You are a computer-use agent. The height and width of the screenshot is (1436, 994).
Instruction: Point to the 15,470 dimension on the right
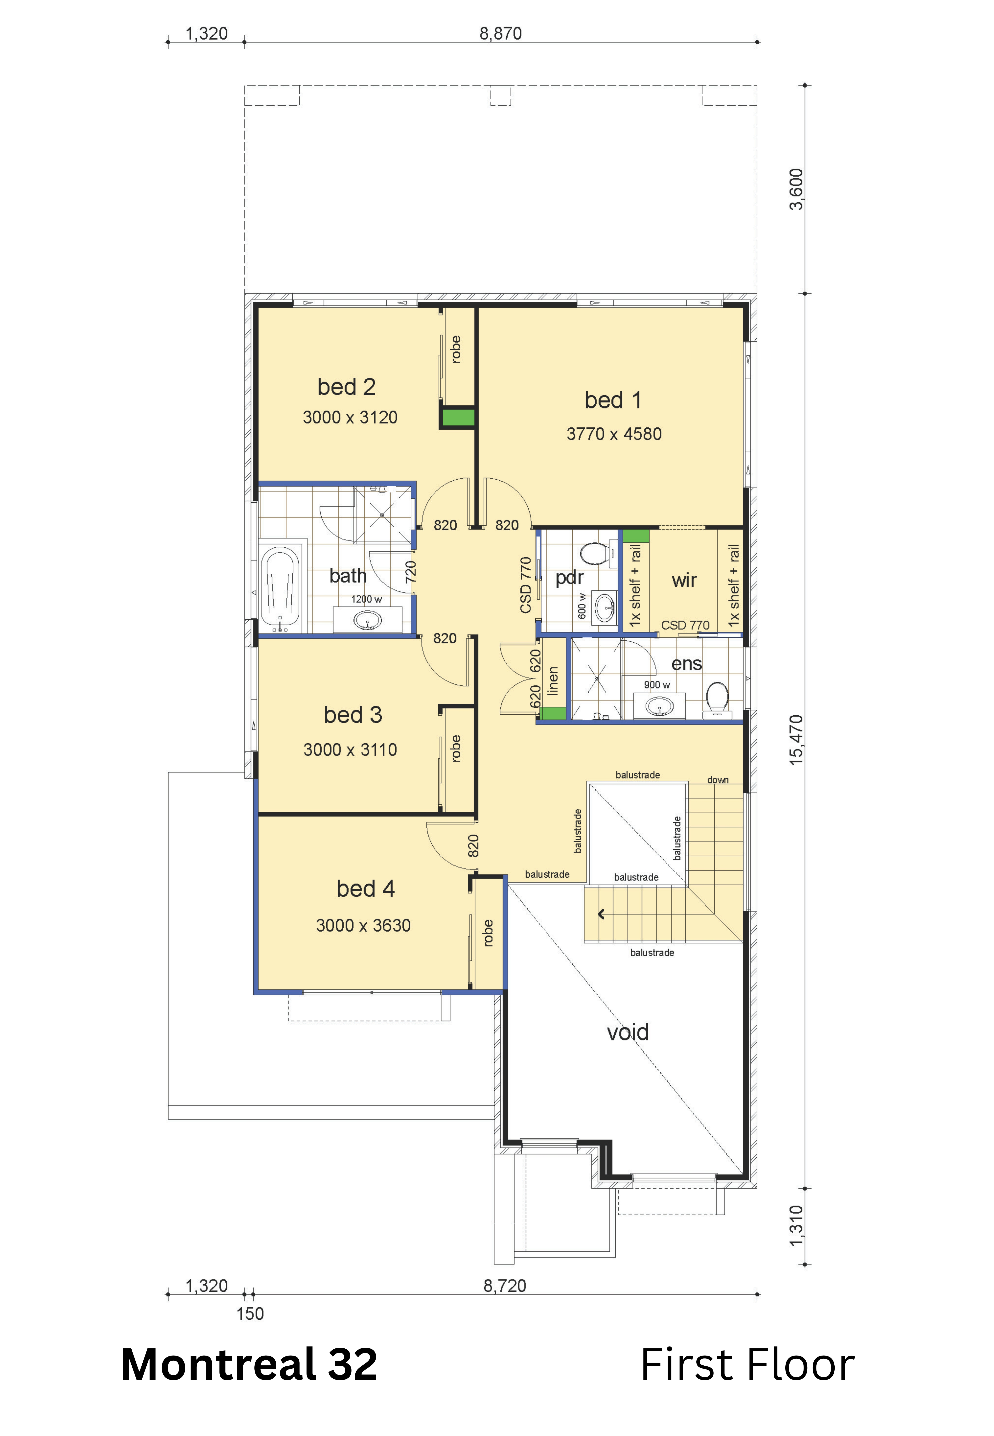click(796, 740)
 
